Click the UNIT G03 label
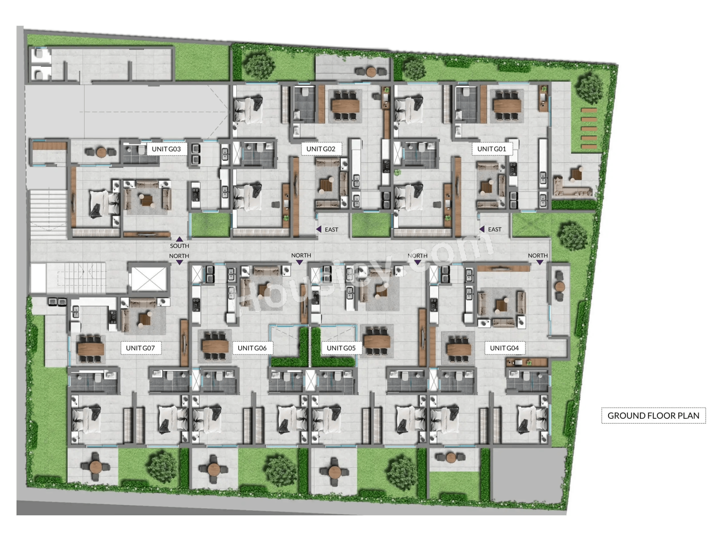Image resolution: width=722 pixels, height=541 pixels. [x=166, y=149]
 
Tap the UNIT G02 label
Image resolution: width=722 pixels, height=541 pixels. [x=321, y=149]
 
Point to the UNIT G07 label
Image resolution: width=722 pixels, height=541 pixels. [x=140, y=348]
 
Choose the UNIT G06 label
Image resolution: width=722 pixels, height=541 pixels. [x=252, y=348]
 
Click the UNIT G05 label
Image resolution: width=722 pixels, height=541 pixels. [x=341, y=348]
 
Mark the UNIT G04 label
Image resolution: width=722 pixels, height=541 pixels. [x=504, y=348]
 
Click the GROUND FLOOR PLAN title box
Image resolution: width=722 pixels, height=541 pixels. [x=653, y=415]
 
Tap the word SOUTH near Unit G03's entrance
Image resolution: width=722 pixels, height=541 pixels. [x=179, y=246]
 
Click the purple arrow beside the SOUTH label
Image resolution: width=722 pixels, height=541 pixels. [x=179, y=239]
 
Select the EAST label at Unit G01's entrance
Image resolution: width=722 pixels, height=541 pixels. [x=495, y=230]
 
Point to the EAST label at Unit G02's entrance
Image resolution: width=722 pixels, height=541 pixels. [x=331, y=230]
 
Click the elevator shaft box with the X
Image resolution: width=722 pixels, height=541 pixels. [x=149, y=279]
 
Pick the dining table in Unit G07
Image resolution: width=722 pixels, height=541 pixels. [x=90, y=348]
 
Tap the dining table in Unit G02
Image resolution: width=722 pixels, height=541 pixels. [x=345, y=106]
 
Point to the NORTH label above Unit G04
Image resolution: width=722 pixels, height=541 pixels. [x=538, y=256]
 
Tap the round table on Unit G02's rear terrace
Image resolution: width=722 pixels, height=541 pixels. [x=371, y=72]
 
